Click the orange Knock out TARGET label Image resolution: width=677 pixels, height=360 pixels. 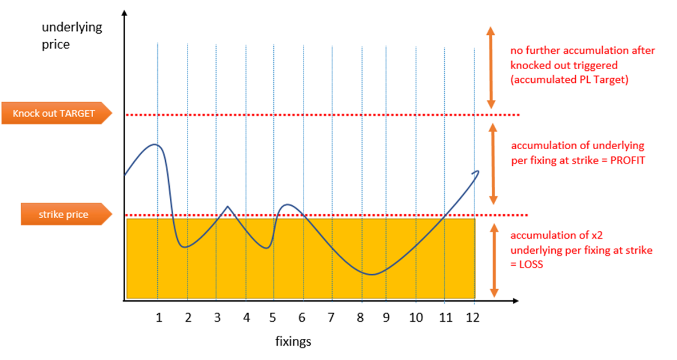pyautogui.click(x=54, y=114)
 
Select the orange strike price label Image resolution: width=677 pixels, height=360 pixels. pyautogui.click(x=63, y=215)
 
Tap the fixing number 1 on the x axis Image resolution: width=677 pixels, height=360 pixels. pyautogui.click(x=159, y=317)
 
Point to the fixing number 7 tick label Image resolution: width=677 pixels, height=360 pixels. pyautogui.click(x=331, y=317)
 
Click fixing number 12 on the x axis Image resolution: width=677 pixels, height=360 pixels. pyautogui.click(x=473, y=317)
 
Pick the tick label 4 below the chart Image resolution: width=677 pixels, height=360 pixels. pyautogui.click(x=246, y=317)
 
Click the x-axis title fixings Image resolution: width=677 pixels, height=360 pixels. pyautogui.click(x=293, y=342)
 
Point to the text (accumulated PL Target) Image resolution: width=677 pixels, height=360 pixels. pyautogui.click(x=569, y=80)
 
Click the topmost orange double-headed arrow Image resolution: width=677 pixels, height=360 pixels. pyautogui.click(x=490, y=67)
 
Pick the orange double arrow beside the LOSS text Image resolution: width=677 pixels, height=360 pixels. pyautogui.click(x=490, y=259)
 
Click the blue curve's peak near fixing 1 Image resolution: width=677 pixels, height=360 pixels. pyautogui.click(x=154, y=144)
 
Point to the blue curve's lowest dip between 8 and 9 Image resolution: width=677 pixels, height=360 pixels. pyautogui.click(x=372, y=274)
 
